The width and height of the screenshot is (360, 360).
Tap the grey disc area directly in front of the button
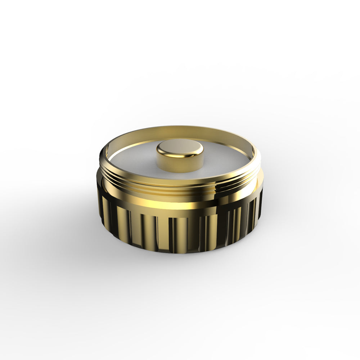(x=180, y=175)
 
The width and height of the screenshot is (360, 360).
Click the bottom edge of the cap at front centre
(x=180, y=252)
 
